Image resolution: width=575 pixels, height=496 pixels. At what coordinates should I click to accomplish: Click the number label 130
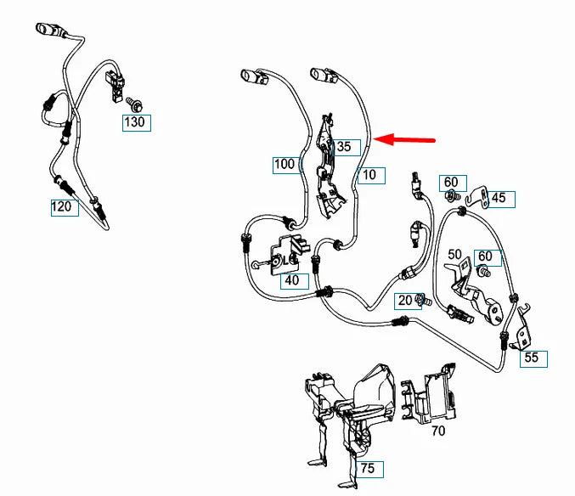[135, 121]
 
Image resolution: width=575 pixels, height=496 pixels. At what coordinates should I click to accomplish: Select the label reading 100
[285, 163]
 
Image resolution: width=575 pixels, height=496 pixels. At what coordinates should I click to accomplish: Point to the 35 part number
[343, 147]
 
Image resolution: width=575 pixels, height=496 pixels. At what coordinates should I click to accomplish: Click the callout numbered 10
[369, 176]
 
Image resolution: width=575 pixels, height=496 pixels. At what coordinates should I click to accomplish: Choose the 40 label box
[292, 280]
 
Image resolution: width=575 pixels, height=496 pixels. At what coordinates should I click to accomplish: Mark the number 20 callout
[405, 301]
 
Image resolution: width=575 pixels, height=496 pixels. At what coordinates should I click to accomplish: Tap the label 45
[499, 199]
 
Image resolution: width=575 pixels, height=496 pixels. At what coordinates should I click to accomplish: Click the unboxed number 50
[454, 255]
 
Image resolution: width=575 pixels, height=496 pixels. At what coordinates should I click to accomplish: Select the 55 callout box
[531, 358]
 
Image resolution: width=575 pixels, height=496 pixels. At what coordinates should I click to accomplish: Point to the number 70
[438, 431]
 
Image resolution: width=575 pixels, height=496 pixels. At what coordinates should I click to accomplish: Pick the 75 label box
[368, 469]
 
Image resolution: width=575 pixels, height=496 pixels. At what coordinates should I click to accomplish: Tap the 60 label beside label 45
[451, 182]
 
